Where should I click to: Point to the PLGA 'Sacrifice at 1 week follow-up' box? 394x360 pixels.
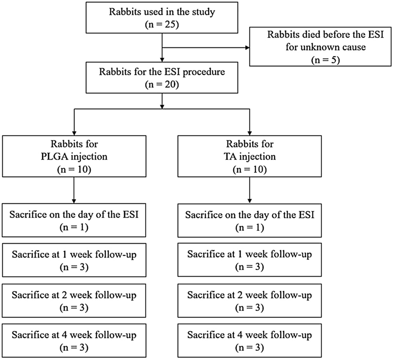pos(74,260)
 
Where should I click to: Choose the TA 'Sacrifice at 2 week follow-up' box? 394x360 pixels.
pos(249,301)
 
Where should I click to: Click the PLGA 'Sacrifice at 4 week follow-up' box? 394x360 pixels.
pos(74,340)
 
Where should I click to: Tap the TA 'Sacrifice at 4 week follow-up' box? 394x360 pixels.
pos(249,340)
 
